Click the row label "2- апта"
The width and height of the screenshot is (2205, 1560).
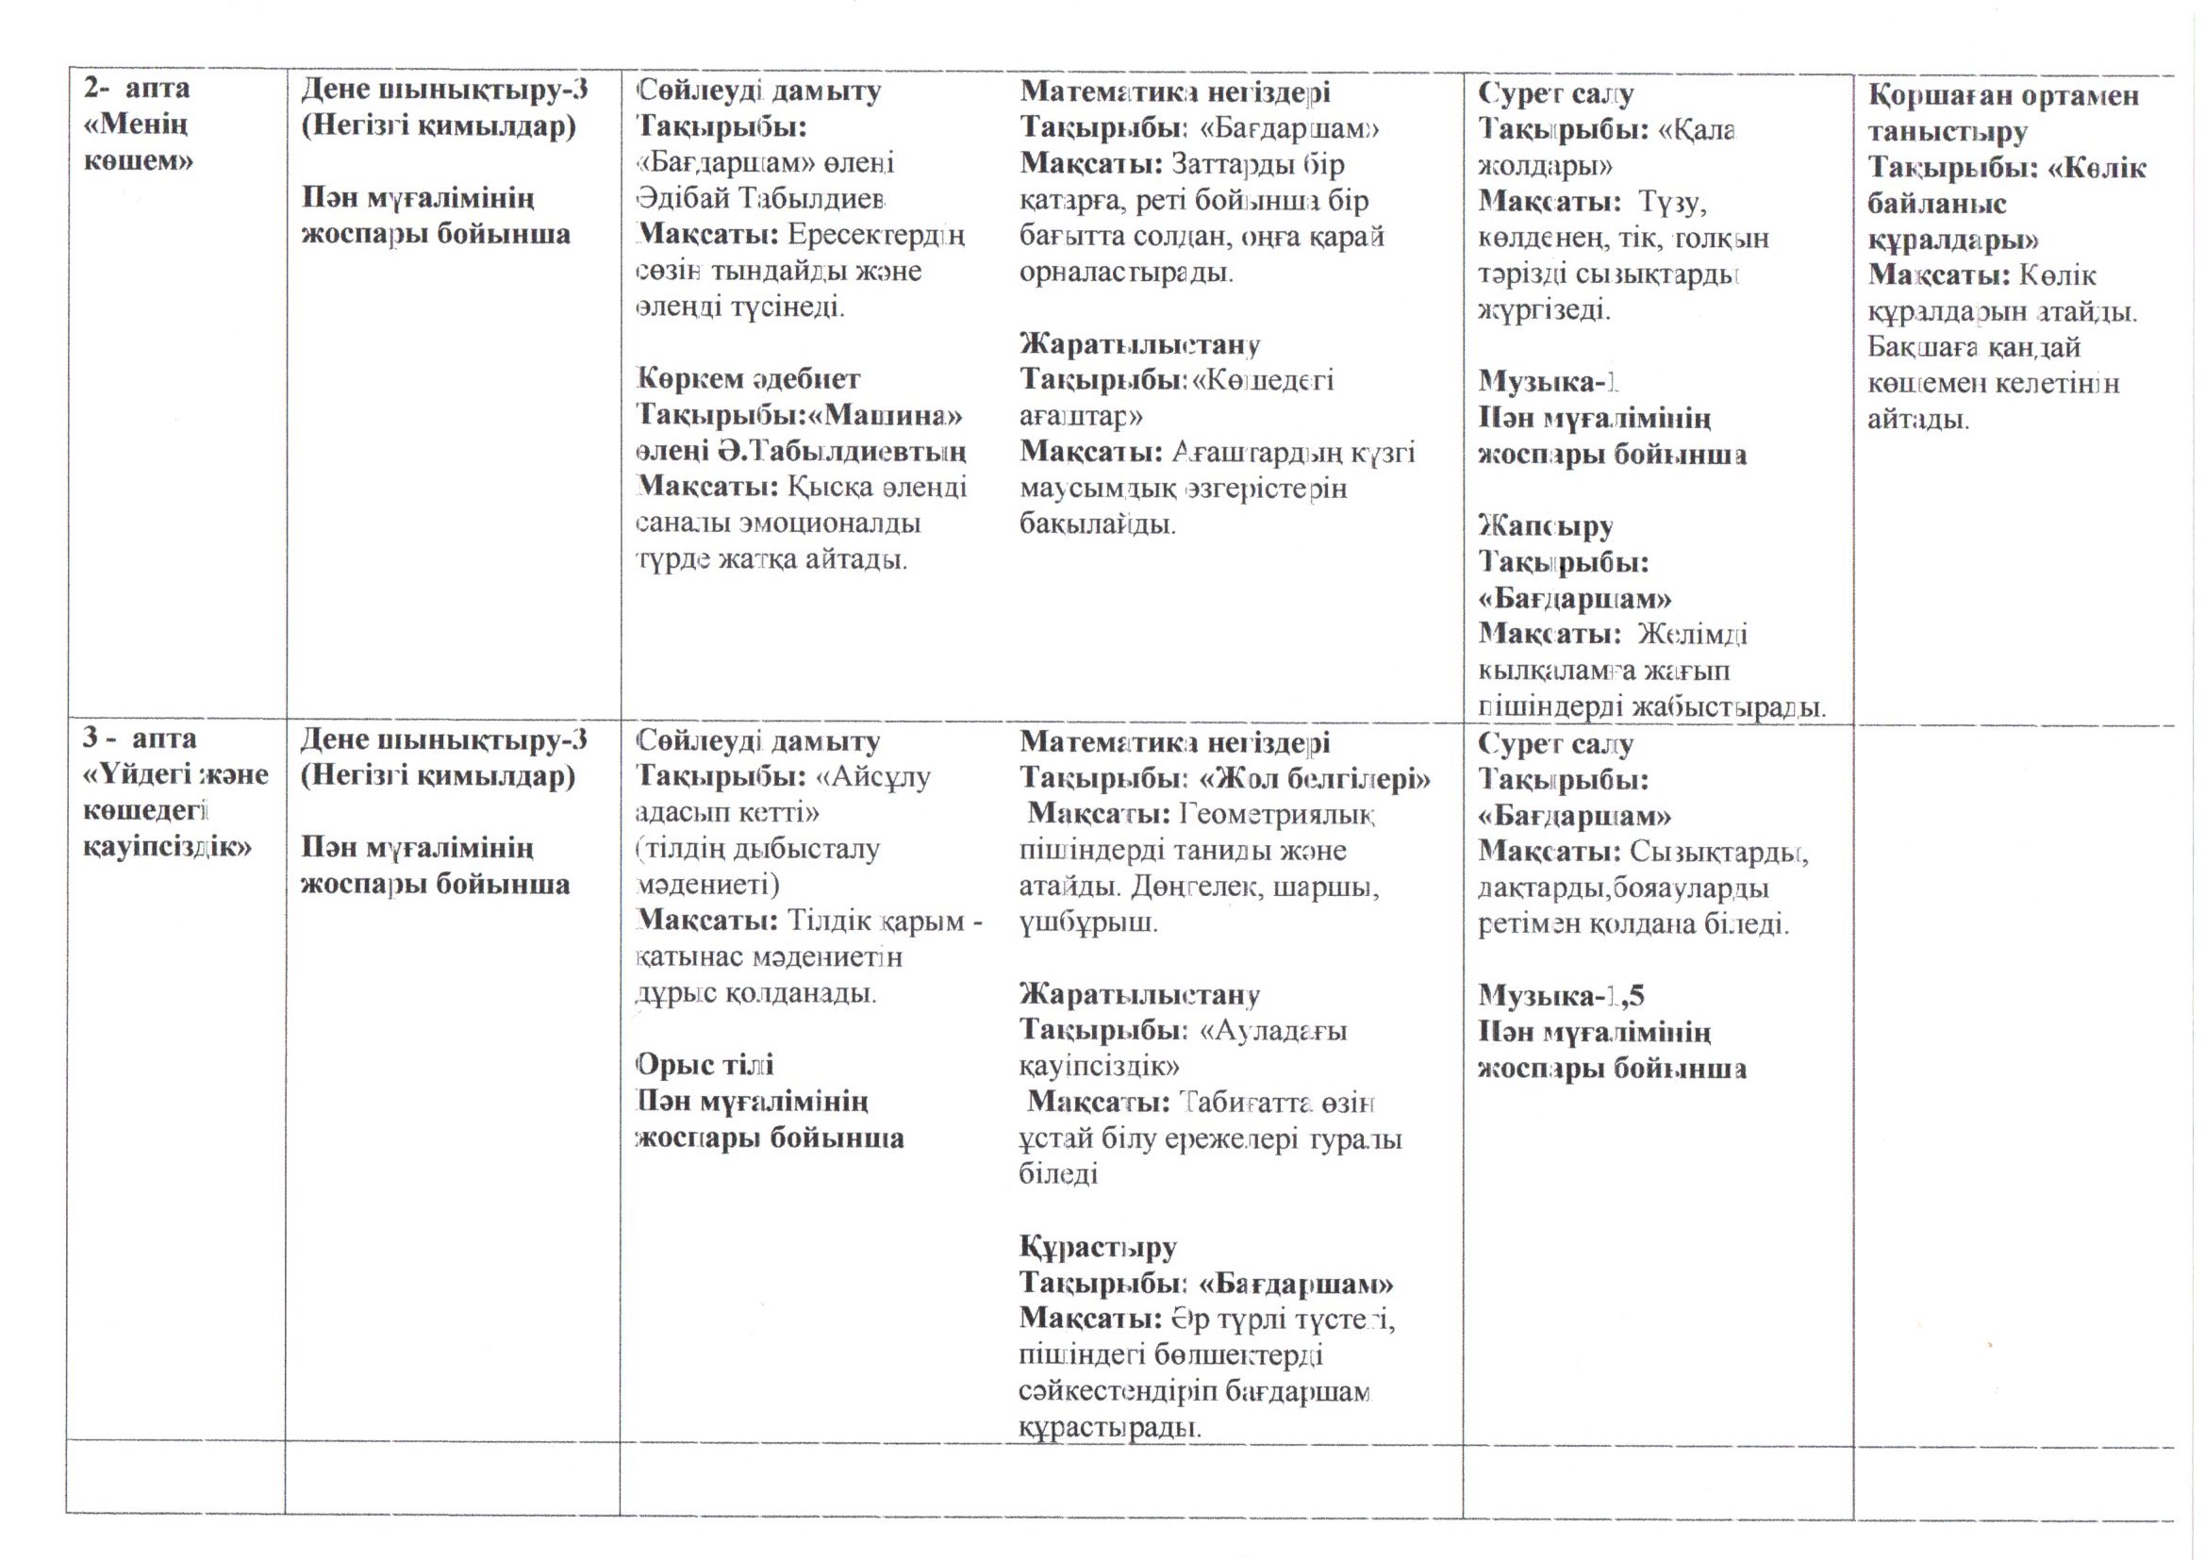pyautogui.click(x=137, y=90)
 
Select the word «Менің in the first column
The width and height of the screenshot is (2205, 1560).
pyautogui.click(x=136, y=124)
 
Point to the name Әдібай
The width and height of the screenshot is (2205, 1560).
pyautogui.click(x=686, y=199)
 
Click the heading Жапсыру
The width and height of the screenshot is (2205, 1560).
pyautogui.click(x=1545, y=526)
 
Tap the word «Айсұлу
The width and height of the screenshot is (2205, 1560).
pyautogui.click(x=872, y=776)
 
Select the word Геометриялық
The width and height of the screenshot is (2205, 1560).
pyautogui.click(x=1277, y=815)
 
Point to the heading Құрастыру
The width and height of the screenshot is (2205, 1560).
pyautogui.click(x=1098, y=1248)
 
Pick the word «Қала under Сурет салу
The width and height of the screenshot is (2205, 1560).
pyautogui.click(x=1698, y=129)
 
